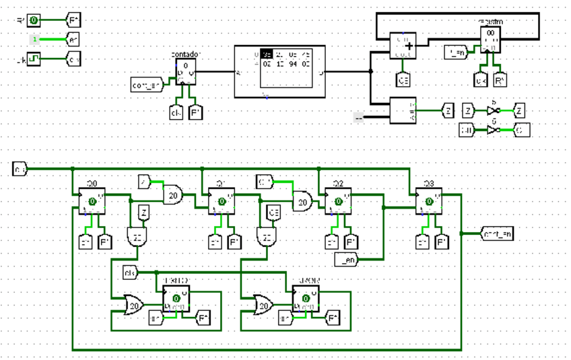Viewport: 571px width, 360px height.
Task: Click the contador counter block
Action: point(185,71)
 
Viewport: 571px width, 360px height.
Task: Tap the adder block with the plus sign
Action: point(403,45)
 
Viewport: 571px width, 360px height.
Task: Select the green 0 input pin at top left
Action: point(33,21)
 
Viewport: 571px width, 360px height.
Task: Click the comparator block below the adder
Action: point(403,110)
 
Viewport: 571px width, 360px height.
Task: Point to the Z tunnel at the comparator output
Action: point(448,109)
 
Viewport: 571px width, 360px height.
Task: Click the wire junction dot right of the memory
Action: point(370,71)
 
